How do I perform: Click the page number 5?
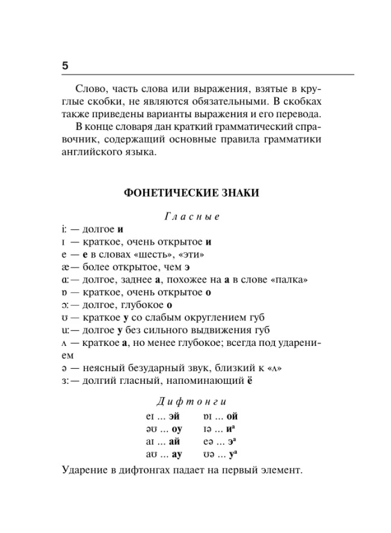(65, 66)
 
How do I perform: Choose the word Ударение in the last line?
(85, 470)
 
